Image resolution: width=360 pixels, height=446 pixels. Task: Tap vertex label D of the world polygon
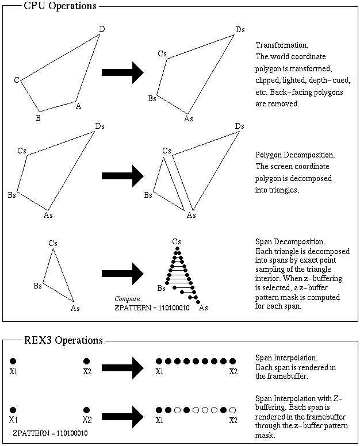(x=102, y=29)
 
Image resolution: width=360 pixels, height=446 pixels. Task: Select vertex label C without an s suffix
(x=17, y=80)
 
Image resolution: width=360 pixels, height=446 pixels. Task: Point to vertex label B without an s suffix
(x=37, y=118)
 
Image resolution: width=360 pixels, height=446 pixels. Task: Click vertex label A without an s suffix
(x=78, y=106)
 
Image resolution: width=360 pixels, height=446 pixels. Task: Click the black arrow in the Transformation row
(x=122, y=72)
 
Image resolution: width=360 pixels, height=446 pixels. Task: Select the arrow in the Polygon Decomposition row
(x=122, y=173)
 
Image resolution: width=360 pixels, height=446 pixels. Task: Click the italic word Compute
(x=127, y=299)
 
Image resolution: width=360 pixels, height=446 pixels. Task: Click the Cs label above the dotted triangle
(x=177, y=240)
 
